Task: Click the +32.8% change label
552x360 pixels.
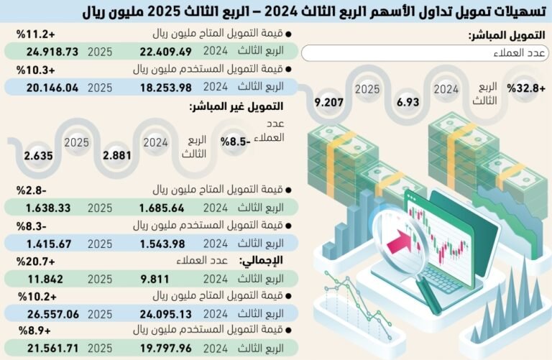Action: click(x=526, y=88)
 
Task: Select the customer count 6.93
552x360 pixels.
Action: click(x=407, y=102)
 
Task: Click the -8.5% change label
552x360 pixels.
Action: click(x=235, y=142)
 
